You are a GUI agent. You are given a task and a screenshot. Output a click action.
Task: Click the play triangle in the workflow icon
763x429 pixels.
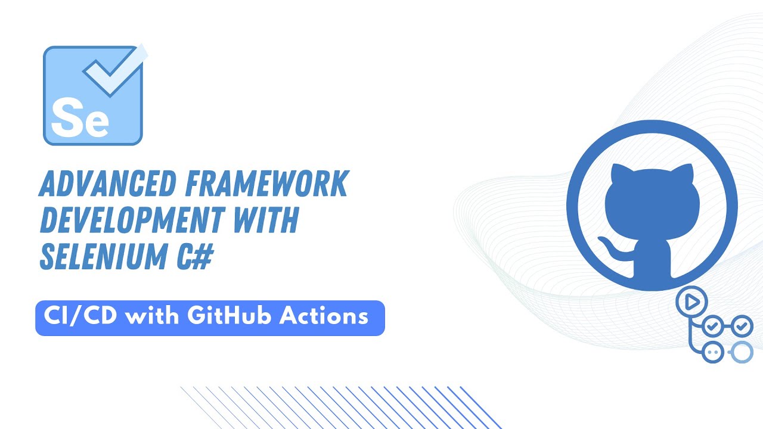click(692, 302)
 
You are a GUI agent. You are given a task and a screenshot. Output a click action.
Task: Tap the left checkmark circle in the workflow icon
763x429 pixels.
click(713, 327)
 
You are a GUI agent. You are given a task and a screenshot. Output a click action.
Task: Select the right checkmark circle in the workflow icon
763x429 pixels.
click(742, 327)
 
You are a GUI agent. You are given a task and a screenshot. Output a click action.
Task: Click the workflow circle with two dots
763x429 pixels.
click(713, 352)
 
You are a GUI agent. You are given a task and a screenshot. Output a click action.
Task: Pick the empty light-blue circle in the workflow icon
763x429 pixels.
click(742, 352)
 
